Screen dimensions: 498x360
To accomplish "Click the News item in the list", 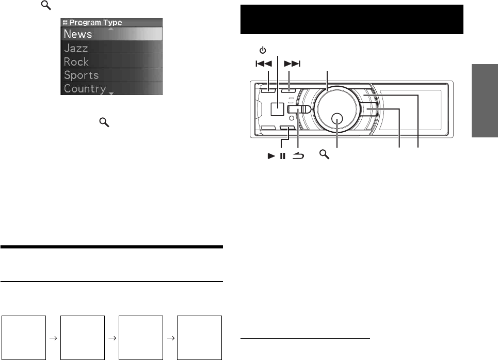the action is (78, 34).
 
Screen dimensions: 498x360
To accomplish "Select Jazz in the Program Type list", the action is (76, 49).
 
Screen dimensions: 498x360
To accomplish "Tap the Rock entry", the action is (76, 61).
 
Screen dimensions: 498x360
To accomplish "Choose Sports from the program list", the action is (82, 75).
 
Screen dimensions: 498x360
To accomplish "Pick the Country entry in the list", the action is (85, 89).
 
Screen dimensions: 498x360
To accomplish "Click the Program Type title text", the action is (95, 23).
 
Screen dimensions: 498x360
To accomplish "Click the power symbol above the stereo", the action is (263, 50).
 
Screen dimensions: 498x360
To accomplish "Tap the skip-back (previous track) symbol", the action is (264, 64).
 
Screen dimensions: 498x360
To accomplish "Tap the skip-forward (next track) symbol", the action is (292, 64).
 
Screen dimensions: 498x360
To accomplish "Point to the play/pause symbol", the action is (277, 155).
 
